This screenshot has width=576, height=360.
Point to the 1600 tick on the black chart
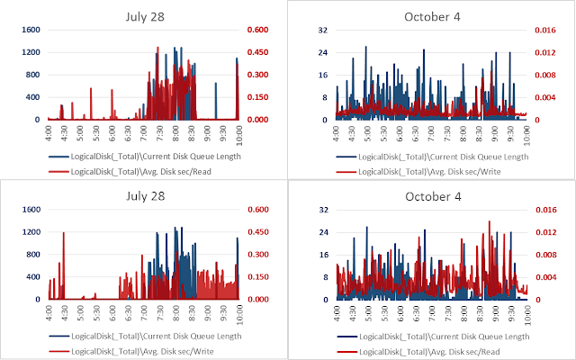coord(31,30)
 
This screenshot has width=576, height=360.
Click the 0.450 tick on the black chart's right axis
coord(257,52)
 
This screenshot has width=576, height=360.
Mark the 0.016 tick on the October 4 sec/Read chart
coord(552,210)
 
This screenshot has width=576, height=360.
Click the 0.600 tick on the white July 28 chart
coord(257,210)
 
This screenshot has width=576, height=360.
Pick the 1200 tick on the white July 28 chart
coord(31,232)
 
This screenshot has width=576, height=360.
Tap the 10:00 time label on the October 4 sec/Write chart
coord(526,132)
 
